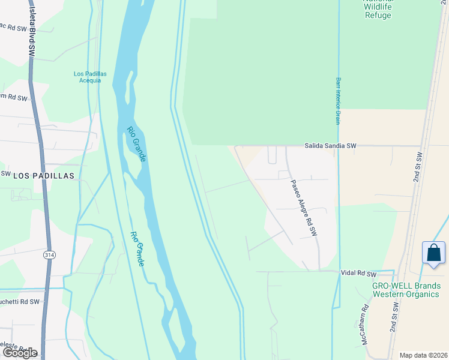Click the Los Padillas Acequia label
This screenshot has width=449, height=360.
(x=90, y=77)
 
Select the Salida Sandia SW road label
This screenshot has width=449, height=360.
(x=330, y=146)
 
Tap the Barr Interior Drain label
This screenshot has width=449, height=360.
(x=338, y=101)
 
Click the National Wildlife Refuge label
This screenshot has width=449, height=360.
(x=378, y=8)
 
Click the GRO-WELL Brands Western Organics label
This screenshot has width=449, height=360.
(x=406, y=290)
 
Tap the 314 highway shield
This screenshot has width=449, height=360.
(x=49, y=255)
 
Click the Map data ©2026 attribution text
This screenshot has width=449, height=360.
(x=423, y=355)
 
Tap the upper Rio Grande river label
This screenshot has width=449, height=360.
(x=136, y=143)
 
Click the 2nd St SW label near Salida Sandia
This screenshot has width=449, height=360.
(x=418, y=167)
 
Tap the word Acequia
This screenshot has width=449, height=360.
(x=90, y=80)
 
